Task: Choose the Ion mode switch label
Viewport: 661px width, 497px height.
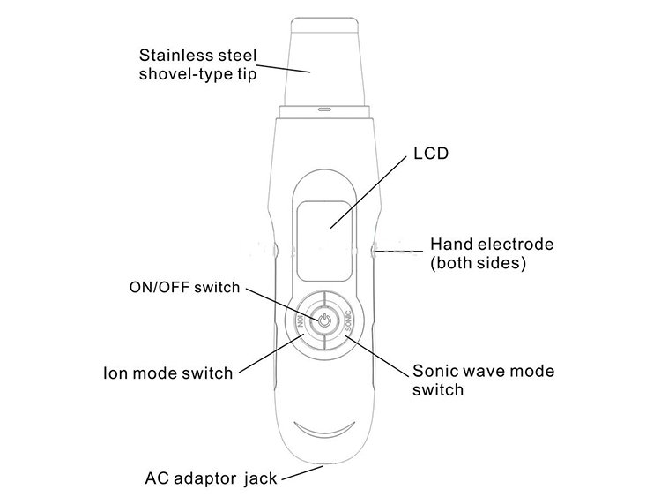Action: coord(167,373)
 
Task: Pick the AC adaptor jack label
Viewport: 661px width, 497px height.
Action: coord(211,479)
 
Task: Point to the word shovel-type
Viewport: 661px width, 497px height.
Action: coord(181,74)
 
